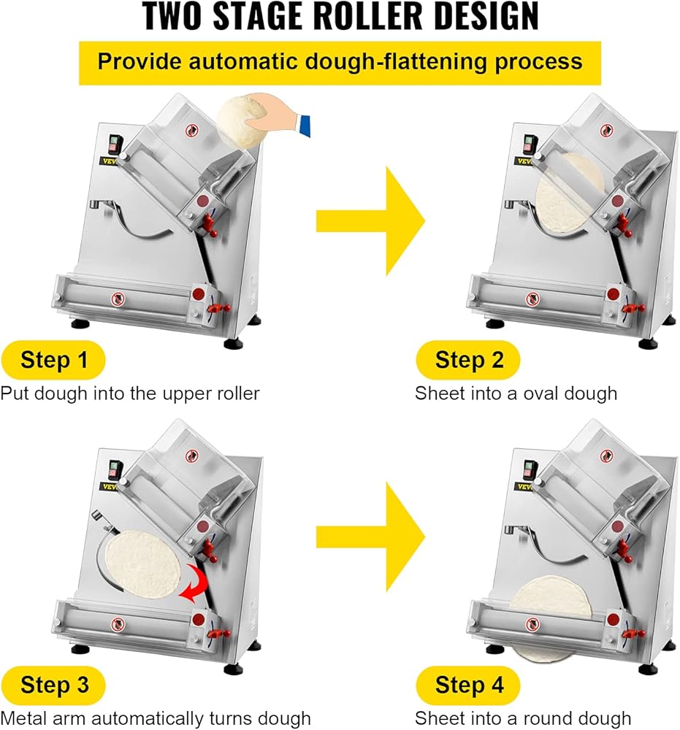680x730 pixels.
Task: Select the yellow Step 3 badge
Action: pyautogui.click(x=54, y=685)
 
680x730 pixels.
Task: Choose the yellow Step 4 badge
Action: pyautogui.click(x=468, y=685)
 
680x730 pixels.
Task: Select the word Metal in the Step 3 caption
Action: pyautogui.click(x=23, y=718)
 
